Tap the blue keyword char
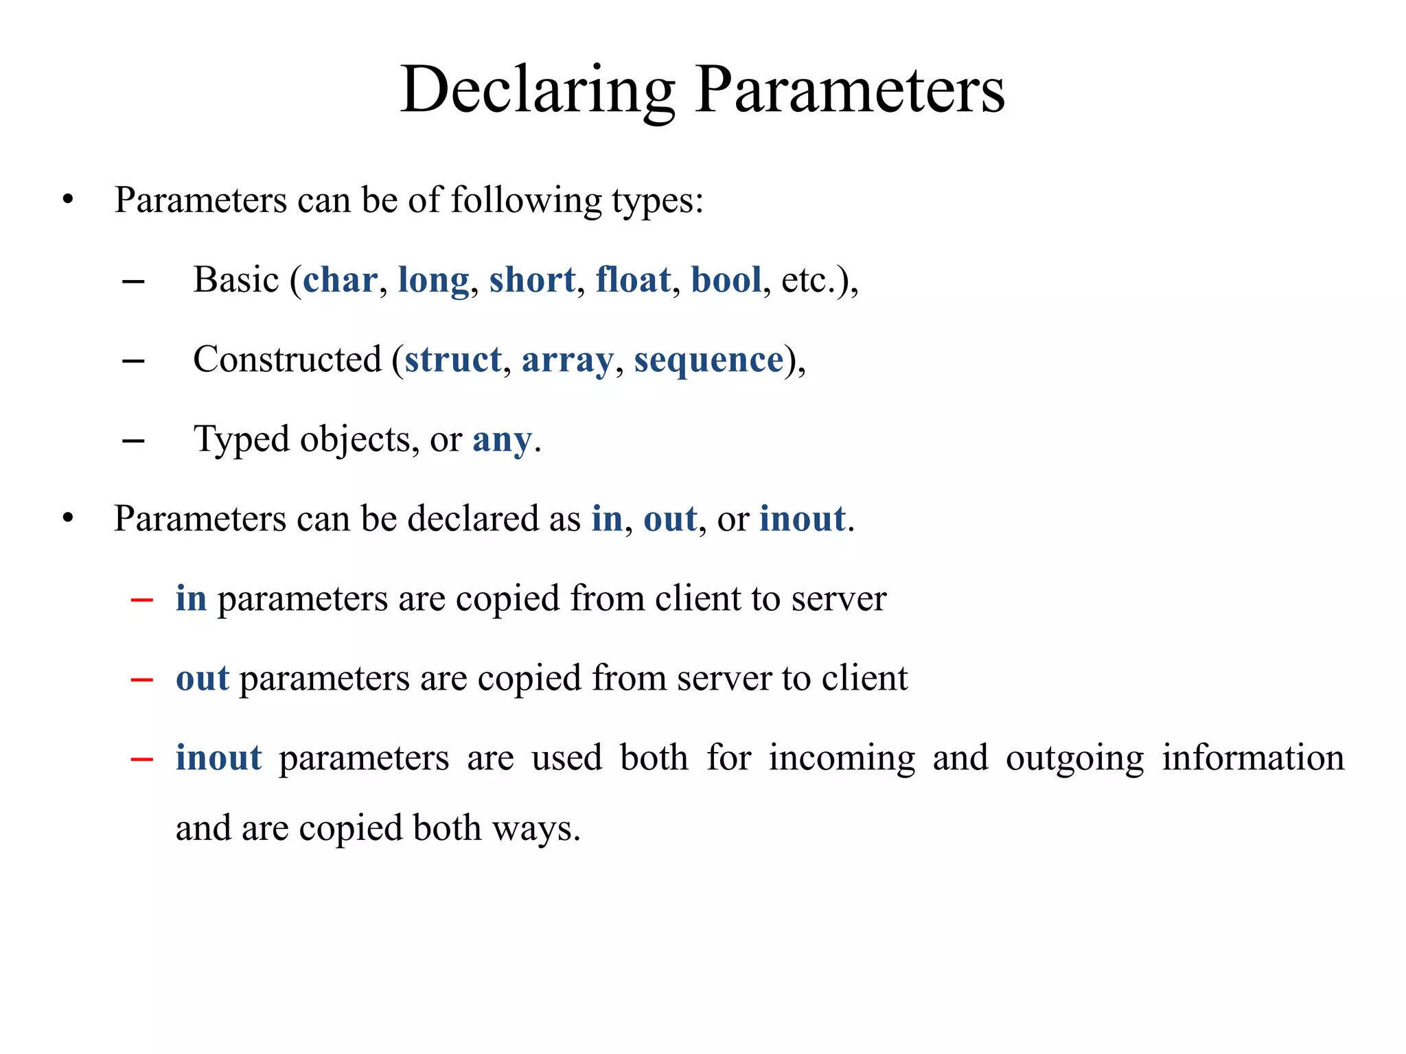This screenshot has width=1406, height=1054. coord(340,280)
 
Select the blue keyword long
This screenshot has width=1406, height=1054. coord(433,280)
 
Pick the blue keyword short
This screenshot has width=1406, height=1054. coord(532,280)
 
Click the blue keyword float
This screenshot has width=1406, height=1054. coord(632,280)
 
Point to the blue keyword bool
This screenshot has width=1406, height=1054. coord(726,280)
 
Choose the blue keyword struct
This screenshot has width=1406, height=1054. coord(453,360)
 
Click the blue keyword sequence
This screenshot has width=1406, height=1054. coord(708,360)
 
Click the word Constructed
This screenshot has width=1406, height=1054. coord(287,360)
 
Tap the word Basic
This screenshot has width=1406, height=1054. coord(236,280)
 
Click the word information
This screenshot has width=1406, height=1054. coord(1253,758)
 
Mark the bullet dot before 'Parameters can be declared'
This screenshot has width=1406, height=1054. coord(67,519)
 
